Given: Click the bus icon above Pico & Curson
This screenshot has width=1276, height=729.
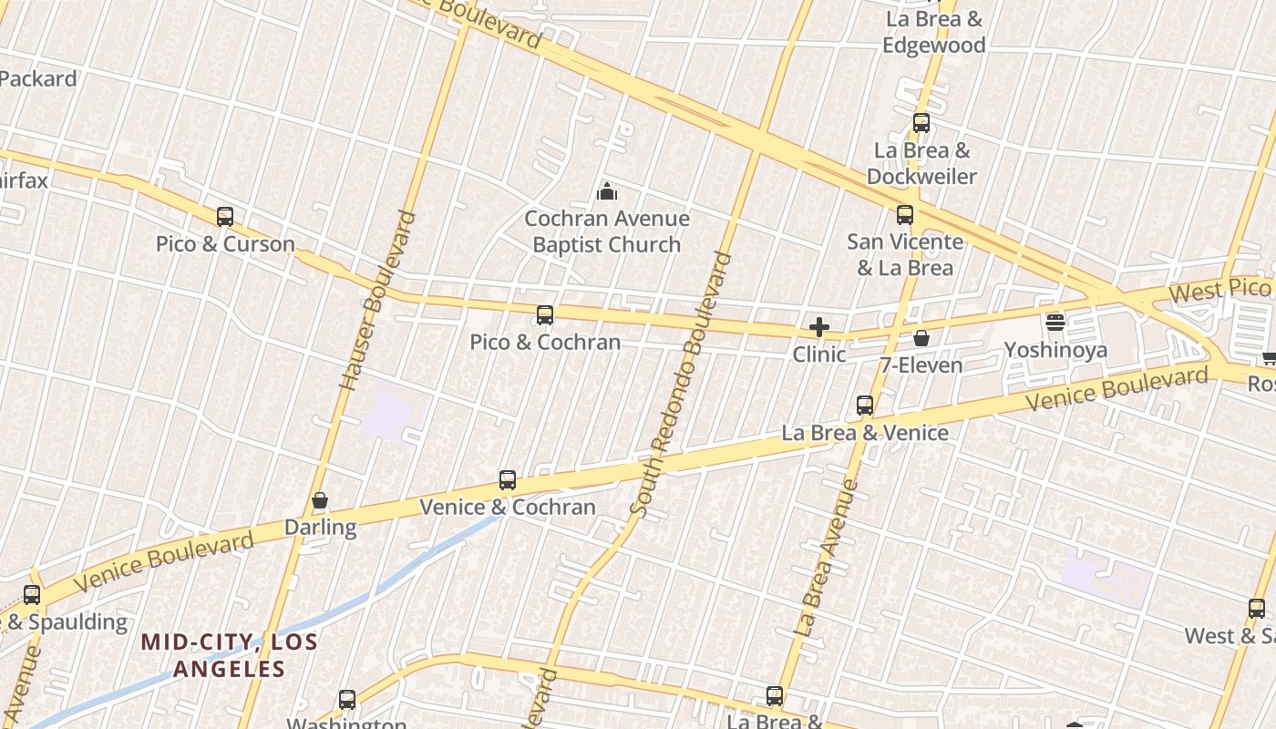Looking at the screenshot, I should pyautogui.click(x=225, y=217).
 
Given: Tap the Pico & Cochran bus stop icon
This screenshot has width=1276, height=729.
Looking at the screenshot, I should pyautogui.click(x=545, y=315).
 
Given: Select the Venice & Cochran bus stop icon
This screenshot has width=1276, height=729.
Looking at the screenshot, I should pyautogui.click(x=508, y=480).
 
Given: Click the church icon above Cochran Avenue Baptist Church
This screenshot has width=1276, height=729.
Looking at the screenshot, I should pyautogui.click(x=606, y=191).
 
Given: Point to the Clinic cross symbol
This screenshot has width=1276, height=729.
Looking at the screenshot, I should pyautogui.click(x=819, y=327).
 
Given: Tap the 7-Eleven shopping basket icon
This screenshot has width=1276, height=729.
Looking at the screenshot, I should pyautogui.click(x=921, y=338).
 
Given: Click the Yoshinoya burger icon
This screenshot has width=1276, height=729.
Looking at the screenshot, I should pyautogui.click(x=1055, y=323).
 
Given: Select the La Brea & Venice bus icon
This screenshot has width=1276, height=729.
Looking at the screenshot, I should pyautogui.click(x=865, y=406).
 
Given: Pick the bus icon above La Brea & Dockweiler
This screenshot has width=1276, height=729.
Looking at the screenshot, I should pyautogui.click(x=921, y=123).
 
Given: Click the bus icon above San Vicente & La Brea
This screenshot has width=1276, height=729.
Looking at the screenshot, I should pyautogui.click(x=905, y=215).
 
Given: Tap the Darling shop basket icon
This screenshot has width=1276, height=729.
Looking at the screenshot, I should pyautogui.click(x=320, y=500).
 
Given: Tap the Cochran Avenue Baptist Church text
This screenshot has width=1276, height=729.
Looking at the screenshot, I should pyautogui.click(x=606, y=231).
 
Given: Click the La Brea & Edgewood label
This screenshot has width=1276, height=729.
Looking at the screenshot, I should pyautogui.click(x=934, y=32).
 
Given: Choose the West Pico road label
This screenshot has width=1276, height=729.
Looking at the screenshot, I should pyautogui.click(x=1219, y=291).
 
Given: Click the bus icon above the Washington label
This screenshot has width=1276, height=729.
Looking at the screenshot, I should pyautogui.click(x=347, y=700).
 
